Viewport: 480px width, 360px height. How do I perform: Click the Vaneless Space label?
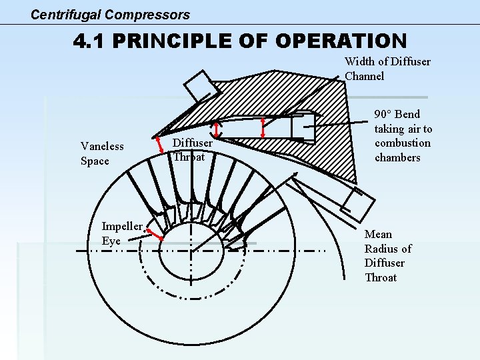(x=102, y=153)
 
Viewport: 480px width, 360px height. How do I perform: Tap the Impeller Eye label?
(x=121, y=233)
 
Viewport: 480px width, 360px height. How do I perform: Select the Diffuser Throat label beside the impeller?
(x=193, y=150)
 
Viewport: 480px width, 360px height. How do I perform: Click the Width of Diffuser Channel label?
(x=387, y=69)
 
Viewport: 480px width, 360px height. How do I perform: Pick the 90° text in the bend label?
(x=384, y=114)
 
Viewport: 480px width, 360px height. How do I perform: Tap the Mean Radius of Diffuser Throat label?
(x=387, y=255)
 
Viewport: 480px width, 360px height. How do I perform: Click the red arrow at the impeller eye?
(x=155, y=233)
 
